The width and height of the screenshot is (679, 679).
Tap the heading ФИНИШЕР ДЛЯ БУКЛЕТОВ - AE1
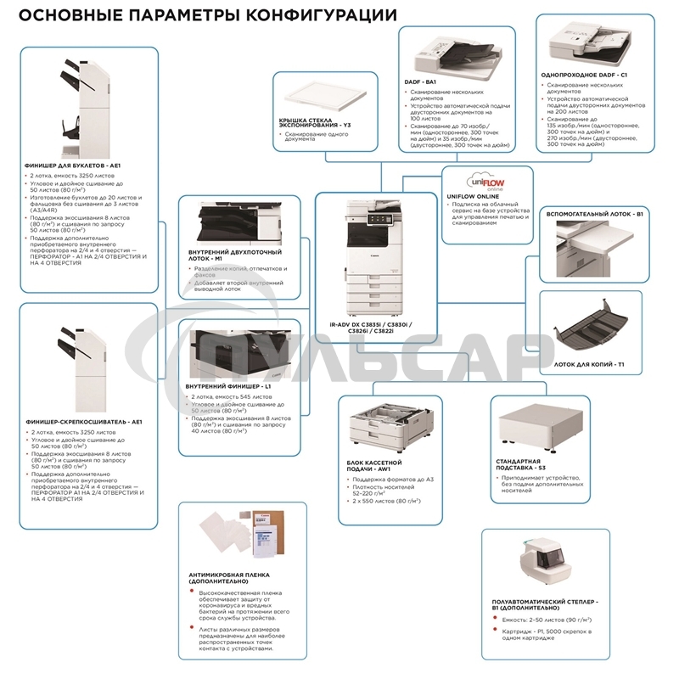click(x=76, y=165)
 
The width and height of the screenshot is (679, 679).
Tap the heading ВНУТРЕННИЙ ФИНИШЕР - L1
click(x=227, y=387)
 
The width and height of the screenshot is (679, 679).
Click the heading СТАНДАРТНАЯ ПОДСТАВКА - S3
click(x=527, y=463)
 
